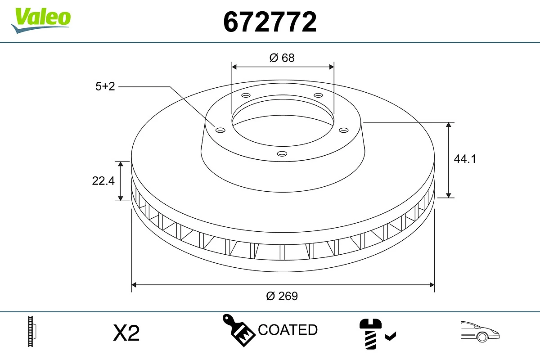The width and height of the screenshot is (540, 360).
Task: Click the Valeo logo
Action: (41, 19)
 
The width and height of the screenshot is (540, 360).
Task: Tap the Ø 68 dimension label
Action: (282, 58)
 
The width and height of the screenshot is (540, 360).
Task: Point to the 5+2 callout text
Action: (105, 86)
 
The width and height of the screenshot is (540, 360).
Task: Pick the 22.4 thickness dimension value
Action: (103, 180)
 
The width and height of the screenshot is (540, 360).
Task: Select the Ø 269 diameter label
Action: (282, 296)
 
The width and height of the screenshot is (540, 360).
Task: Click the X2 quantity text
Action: (126, 333)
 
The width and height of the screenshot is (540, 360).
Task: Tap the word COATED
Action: (288, 330)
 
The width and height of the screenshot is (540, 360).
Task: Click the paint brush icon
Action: (238, 330)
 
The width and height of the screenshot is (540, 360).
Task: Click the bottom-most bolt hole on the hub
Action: (282, 154)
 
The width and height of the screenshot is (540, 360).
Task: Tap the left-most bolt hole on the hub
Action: (220, 130)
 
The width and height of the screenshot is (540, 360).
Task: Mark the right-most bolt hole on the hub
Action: (344, 130)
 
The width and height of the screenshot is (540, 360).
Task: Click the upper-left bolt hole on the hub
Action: (246, 95)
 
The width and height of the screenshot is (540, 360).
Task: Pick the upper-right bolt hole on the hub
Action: (319, 95)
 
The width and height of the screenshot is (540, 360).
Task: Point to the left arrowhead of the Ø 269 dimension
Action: (134, 284)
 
